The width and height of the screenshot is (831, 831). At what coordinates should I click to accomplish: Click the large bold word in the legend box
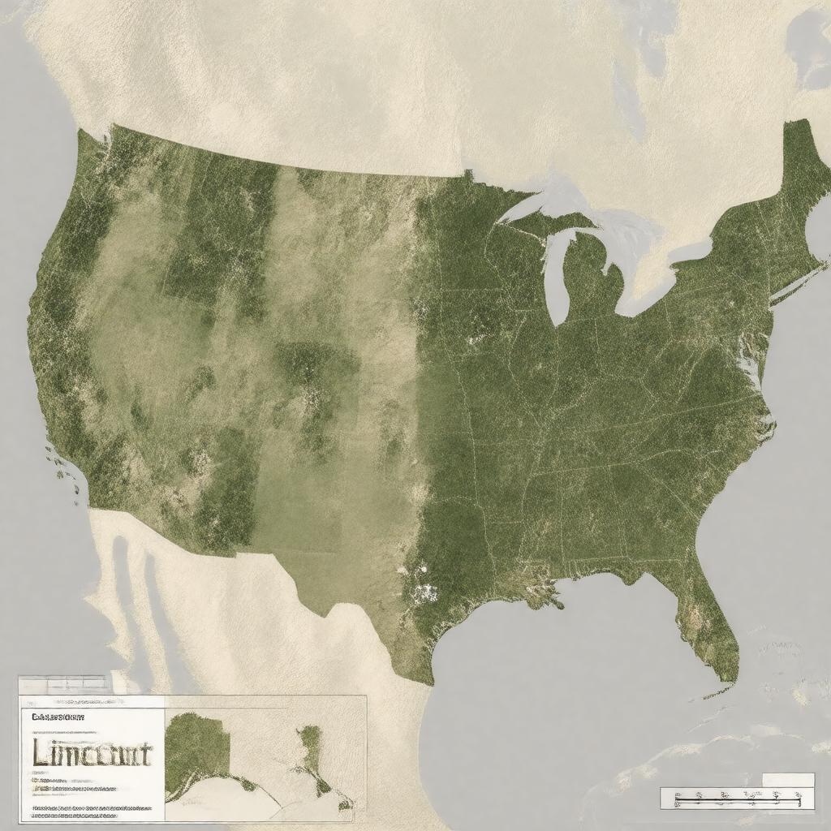(x=91, y=752)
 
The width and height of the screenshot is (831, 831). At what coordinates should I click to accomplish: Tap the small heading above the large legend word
(x=58, y=717)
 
